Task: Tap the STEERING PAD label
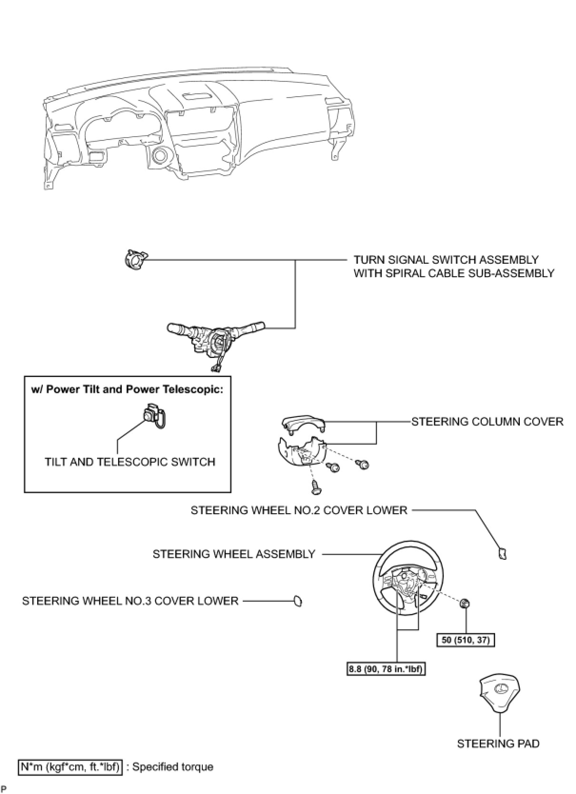point(498,744)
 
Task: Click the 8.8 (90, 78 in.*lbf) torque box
point(386,669)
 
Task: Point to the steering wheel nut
point(465,604)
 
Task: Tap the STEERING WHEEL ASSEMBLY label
point(234,554)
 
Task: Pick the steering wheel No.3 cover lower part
point(298,601)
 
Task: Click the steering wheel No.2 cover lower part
point(502,554)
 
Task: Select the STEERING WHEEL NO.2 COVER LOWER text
point(298,510)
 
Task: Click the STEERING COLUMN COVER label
point(487,422)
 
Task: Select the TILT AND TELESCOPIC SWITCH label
point(129,462)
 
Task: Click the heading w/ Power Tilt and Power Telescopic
point(127,389)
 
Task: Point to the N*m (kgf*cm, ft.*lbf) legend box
point(70,767)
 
